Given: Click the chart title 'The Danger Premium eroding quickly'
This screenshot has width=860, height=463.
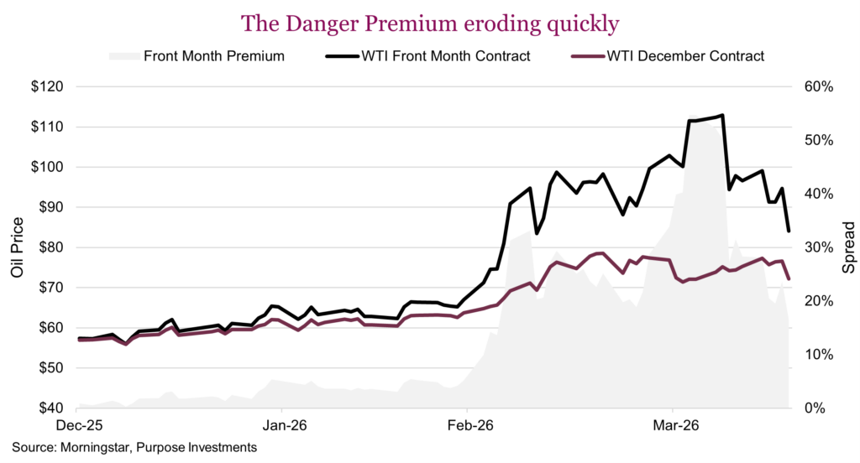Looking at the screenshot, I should (x=430, y=23).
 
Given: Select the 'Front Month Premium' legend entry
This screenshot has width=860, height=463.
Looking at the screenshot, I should (x=214, y=56).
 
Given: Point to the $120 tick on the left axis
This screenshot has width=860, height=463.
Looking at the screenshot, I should (x=46, y=87).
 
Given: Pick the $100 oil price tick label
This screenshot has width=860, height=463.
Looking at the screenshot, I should (x=46, y=167).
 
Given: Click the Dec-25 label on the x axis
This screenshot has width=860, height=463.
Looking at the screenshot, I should (x=76, y=425).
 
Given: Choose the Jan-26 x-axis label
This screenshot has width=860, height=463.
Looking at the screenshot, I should (x=281, y=425).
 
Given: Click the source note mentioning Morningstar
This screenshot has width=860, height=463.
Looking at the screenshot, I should (x=134, y=447).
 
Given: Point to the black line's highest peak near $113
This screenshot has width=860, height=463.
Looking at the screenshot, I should (x=722, y=116).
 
